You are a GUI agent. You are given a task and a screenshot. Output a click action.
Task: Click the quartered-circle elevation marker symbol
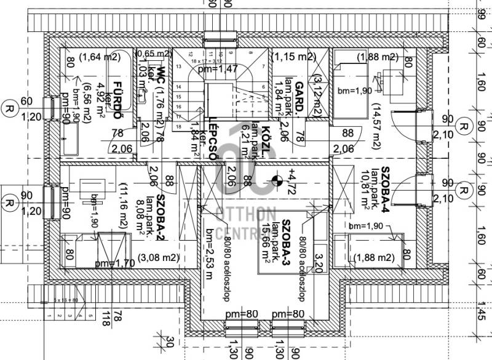[x=276, y=180]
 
